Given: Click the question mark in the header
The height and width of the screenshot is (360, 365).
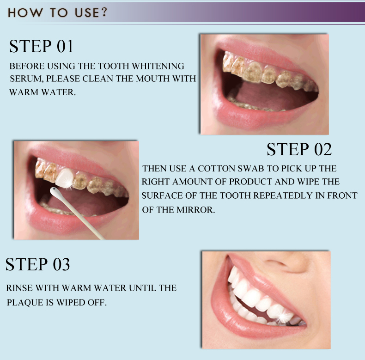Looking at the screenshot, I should [x=103, y=12].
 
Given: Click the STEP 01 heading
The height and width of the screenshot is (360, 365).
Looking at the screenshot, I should [x=42, y=46].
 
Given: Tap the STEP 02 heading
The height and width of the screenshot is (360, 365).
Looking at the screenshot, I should [x=299, y=149].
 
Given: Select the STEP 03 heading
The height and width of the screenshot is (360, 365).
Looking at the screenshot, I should [x=38, y=264].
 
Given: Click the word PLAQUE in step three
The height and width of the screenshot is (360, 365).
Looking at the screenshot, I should [x=22, y=303].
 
